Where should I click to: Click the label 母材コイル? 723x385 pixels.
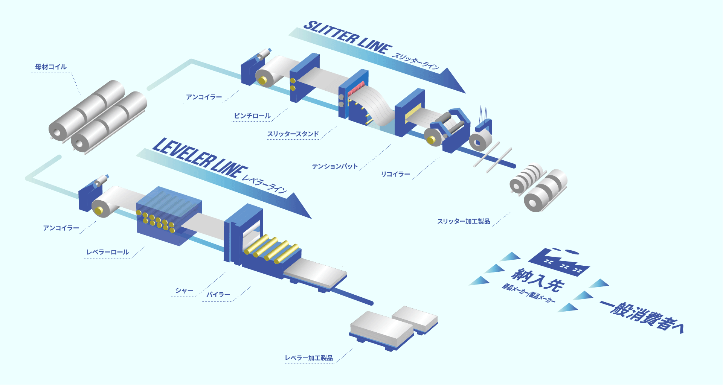click(50, 67)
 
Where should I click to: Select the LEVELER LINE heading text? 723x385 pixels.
click(200, 157)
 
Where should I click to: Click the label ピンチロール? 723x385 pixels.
click(252, 116)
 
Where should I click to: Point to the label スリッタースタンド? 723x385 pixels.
click(293, 134)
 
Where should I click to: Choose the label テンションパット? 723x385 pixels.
click(334, 166)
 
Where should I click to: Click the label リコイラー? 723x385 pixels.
click(395, 174)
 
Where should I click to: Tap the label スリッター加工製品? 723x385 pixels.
click(464, 221)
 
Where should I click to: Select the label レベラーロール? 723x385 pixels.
click(108, 252)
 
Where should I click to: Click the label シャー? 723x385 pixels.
click(184, 291)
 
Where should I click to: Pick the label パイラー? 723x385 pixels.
click(218, 295)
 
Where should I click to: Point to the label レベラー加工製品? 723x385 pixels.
click(309, 358)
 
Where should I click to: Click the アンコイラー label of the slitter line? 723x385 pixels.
click(204, 97)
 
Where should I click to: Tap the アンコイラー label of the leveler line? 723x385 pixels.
click(61, 228)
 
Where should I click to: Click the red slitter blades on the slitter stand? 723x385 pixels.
click(356, 89)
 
